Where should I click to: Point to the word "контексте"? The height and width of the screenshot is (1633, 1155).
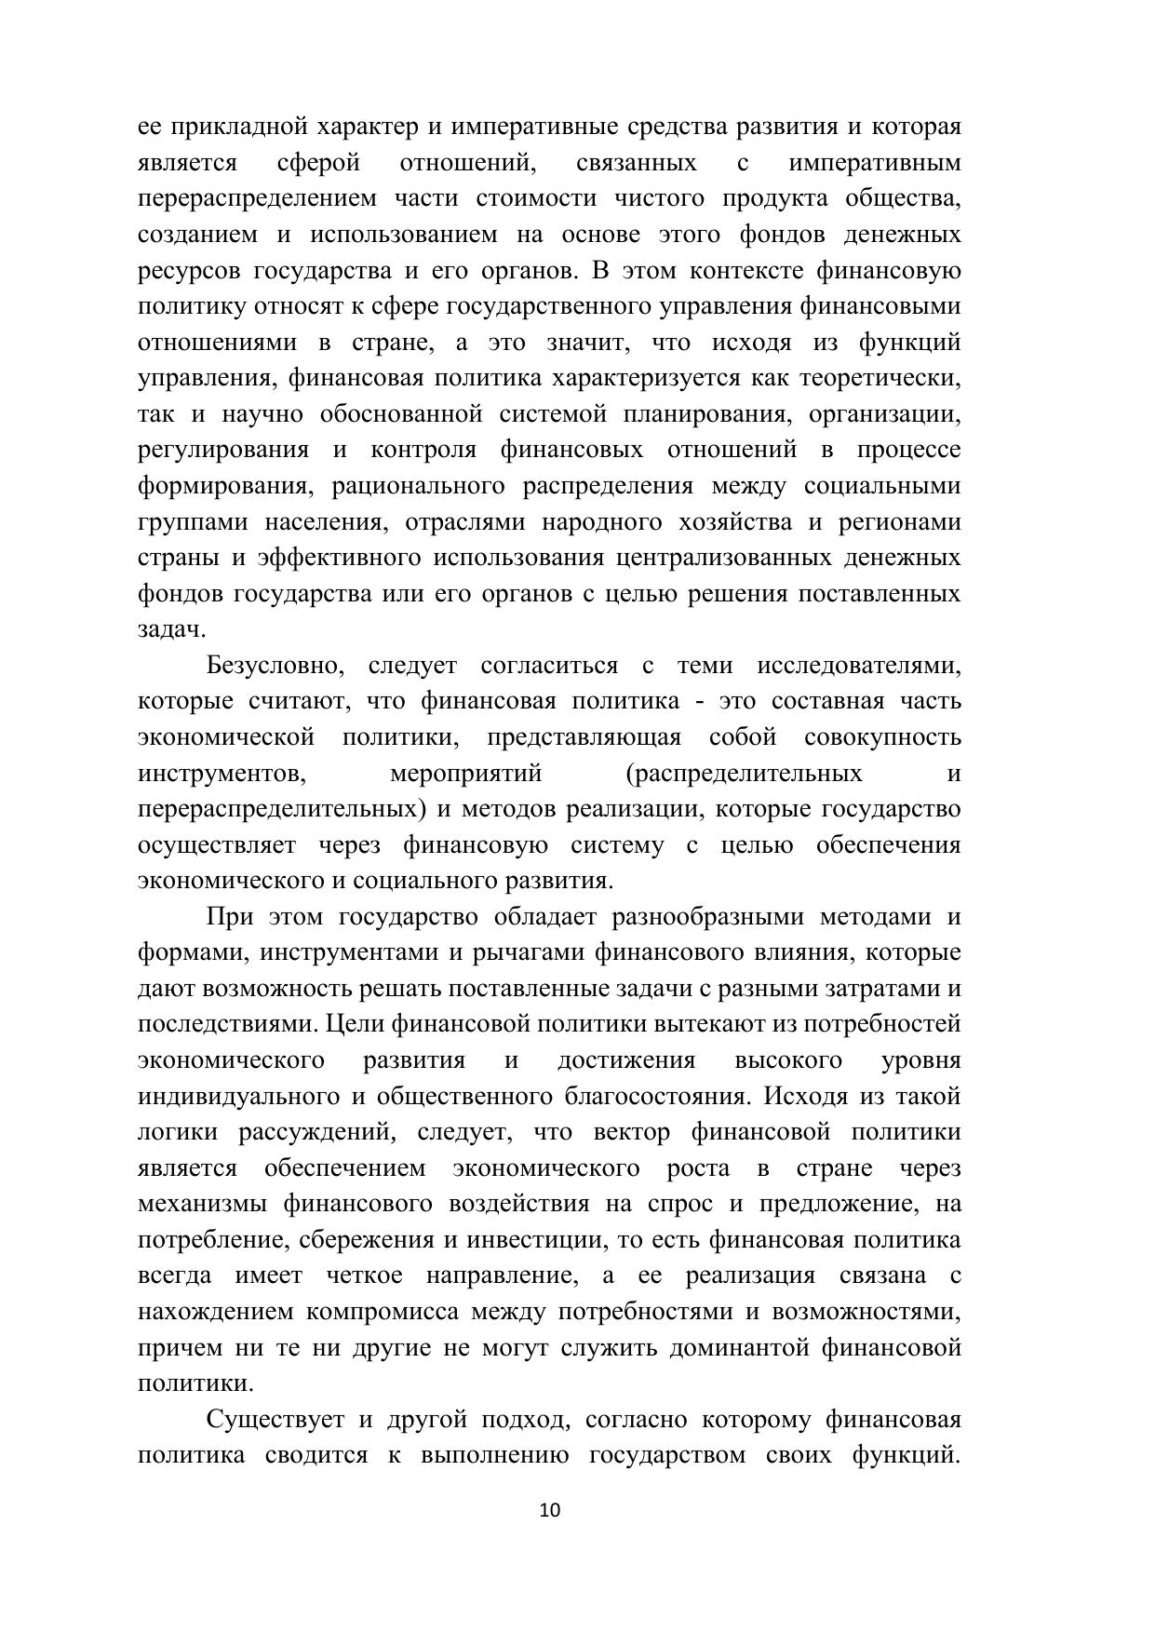click(749, 271)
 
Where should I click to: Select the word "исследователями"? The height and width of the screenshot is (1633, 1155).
click(858, 667)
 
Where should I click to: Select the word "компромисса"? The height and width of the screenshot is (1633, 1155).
click(382, 1313)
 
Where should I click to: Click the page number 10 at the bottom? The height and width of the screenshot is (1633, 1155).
click(550, 1510)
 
